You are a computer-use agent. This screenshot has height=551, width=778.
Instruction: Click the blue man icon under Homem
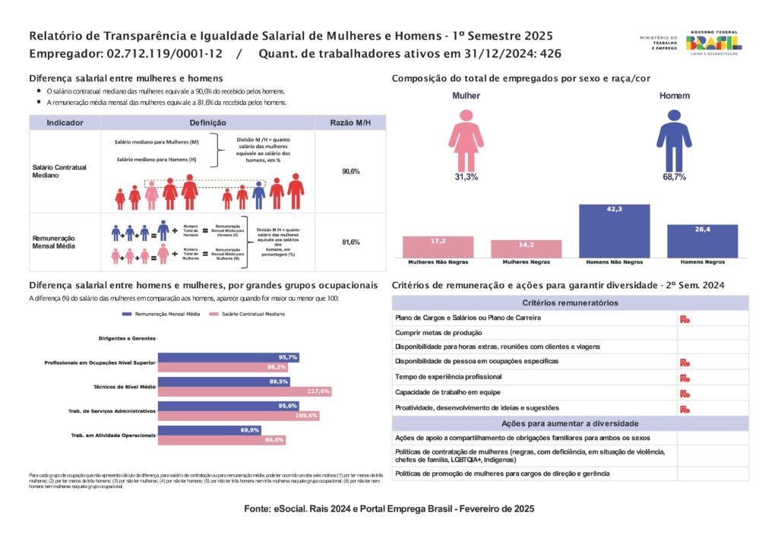click(674, 140)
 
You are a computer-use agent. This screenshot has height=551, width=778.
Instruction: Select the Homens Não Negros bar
click(614, 231)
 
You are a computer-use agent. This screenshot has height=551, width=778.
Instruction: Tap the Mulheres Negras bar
click(526, 249)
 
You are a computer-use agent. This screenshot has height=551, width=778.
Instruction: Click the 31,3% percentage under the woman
click(466, 177)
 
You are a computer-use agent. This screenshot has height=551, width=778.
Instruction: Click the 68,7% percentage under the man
click(674, 177)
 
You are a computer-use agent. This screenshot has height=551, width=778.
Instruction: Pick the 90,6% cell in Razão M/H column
click(350, 172)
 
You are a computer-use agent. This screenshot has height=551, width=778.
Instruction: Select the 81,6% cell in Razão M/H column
click(350, 242)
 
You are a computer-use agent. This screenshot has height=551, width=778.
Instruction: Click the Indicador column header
click(65, 122)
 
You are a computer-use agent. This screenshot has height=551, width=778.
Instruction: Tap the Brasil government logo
click(713, 43)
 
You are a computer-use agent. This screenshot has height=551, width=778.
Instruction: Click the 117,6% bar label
click(318, 391)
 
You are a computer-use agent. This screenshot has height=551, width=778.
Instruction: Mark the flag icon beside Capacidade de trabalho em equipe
click(685, 393)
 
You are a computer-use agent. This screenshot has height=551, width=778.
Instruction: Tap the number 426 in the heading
click(551, 54)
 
